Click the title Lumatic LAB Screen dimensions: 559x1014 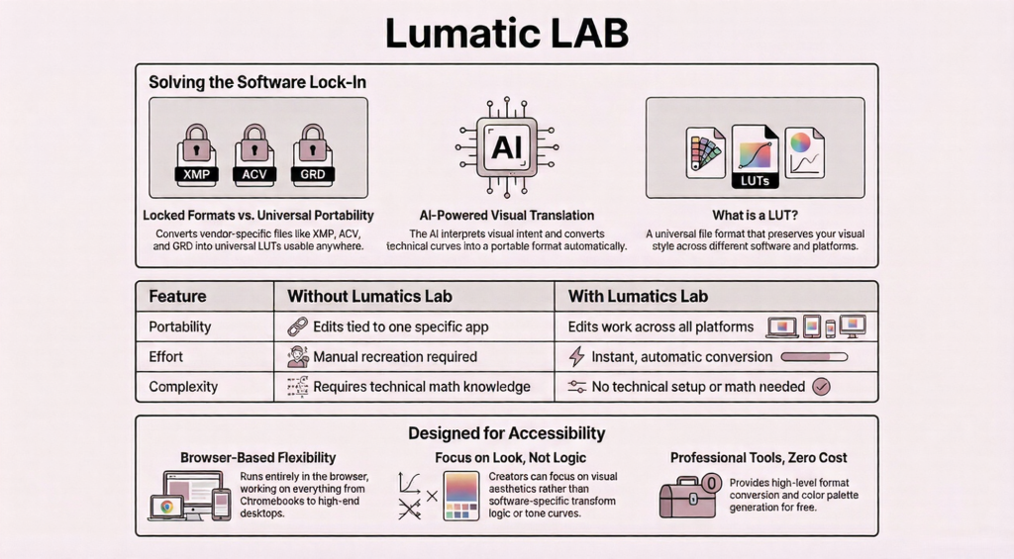506,33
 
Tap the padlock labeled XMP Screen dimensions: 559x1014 195,155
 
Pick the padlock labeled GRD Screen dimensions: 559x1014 312,155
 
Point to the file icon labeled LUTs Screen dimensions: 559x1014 755,156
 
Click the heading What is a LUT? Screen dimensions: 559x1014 755,215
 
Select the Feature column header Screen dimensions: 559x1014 177,296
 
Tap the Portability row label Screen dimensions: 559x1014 179,326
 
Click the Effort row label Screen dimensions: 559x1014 165,356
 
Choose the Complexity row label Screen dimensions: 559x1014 182,387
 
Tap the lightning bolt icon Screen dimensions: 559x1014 576,357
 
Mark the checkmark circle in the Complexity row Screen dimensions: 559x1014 821,387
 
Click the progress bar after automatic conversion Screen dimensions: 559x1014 815,356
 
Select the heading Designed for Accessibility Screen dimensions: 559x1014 506,433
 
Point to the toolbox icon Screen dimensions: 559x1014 687,496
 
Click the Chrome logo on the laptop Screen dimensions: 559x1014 166,507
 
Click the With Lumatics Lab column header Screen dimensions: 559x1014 638,296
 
